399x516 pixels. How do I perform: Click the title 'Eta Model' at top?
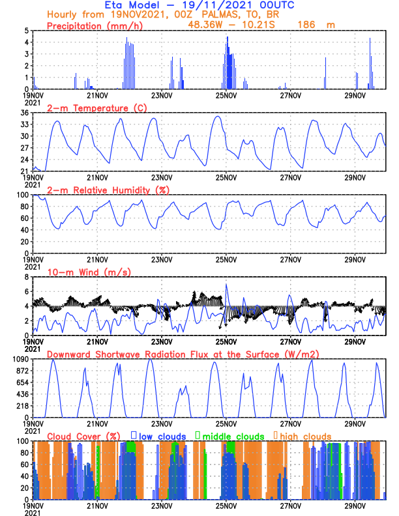click(132, 5)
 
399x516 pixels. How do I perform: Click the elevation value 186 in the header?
click(306, 25)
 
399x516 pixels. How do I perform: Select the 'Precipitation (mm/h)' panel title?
click(95, 26)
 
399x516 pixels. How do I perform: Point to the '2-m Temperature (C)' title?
click(96, 108)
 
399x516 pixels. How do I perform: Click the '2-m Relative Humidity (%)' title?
click(108, 190)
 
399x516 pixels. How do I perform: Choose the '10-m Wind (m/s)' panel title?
click(89, 272)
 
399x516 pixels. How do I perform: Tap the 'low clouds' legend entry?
click(158, 437)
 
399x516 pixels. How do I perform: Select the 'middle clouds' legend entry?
click(229, 437)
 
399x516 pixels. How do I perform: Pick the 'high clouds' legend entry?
click(303, 437)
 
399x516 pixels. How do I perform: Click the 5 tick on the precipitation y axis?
click(27, 31)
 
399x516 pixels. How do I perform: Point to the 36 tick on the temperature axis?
click(25, 113)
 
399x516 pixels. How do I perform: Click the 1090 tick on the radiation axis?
click(21, 360)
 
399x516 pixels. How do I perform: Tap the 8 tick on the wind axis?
click(27, 277)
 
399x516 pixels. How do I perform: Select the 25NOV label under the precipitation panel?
click(226, 96)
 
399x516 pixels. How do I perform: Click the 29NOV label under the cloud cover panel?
click(355, 506)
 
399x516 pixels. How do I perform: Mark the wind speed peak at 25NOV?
click(226, 284)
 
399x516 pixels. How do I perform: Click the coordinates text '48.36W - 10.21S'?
click(231, 25)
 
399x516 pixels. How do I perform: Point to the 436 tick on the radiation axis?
click(23, 394)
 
